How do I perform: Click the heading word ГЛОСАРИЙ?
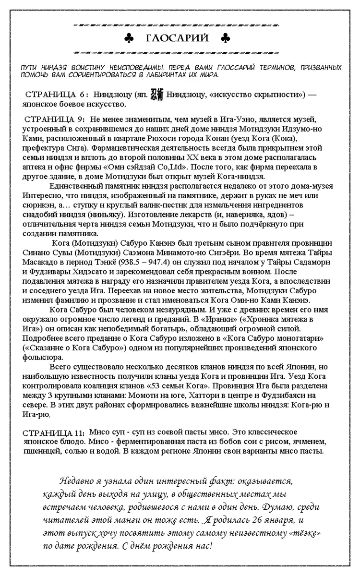pos(177,38)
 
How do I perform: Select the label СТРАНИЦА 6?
pos(56,95)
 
